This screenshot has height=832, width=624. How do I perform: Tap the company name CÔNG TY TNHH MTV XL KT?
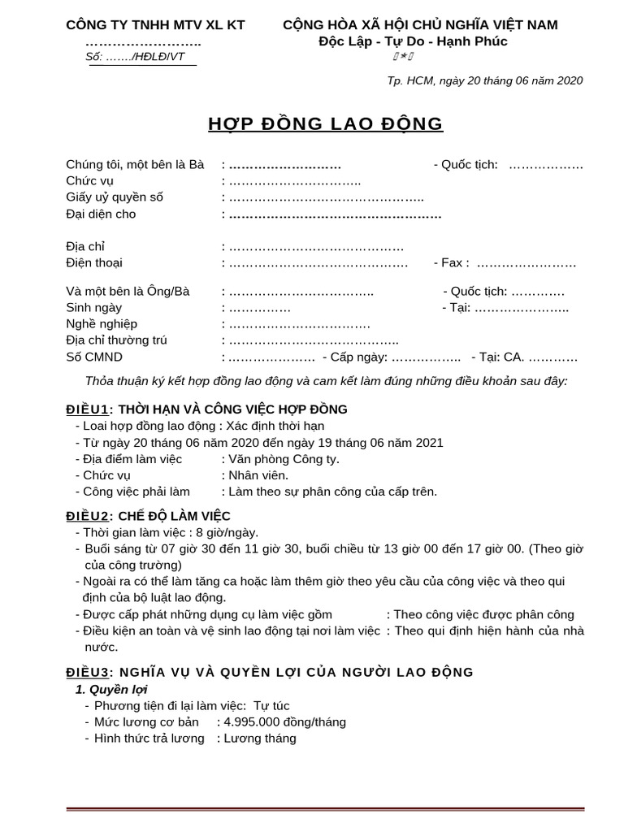pyautogui.click(x=155, y=25)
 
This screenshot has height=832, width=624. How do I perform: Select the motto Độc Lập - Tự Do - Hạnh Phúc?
pyautogui.click(x=413, y=41)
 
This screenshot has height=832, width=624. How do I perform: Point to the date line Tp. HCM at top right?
pyautogui.click(x=485, y=80)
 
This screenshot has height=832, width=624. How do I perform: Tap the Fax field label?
pyautogui.click(x=452, y=263)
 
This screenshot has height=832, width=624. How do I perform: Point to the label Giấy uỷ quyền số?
pyautogui.click(x=115, y=197)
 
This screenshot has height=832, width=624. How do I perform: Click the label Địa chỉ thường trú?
pyautogui.click(x=116, y=340)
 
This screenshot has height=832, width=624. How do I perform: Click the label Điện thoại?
pyautogui.click(x=94, y=263)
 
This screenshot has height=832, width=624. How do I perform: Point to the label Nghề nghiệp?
pyautogui.click(x=101, y=324)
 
